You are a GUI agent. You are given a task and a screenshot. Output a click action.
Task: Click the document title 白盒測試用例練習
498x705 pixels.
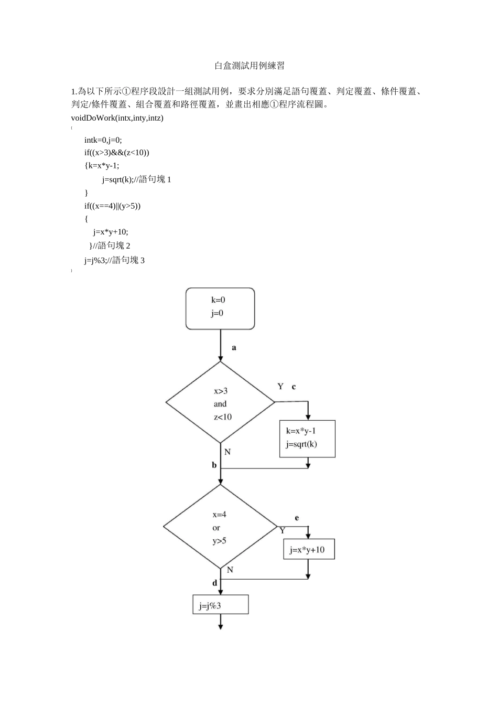pyautogui.click(x=250, y=66)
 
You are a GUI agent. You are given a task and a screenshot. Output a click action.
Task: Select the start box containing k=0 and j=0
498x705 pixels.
pyautogui.click(x=220, y=308)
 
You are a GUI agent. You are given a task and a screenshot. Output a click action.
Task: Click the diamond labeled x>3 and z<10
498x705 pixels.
pyautogui.click(x=220, y=403)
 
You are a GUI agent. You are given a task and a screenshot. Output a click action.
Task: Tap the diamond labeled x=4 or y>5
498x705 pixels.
pyautogui.click(x=220, y=527)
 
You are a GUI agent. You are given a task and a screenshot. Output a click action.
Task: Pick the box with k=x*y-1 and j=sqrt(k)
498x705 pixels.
pyautogui.click(x=307, y=438)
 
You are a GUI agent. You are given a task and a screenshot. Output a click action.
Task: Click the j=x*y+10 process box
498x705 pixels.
pyautogui.click(x=308, y=549)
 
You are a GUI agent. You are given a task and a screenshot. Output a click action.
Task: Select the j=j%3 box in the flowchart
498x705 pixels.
pyautogui.click(x=220, y=605)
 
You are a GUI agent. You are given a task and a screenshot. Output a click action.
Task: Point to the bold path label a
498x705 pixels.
pyautogui.click(x=234, y=347)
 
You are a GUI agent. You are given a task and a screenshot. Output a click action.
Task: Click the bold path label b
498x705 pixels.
pyautogui.click(x=214, y=465)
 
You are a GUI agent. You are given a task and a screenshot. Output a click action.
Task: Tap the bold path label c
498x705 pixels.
pyautogui.click(x=294, y=387)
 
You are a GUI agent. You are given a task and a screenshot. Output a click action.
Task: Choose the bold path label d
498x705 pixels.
pyautogui.click(x=214, y=583)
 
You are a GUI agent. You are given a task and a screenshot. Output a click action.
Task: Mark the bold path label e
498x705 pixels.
pyautogui.click(x=297, y=518)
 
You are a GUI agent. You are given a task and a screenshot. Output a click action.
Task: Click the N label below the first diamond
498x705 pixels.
pyautogui.click(x=228, y=452)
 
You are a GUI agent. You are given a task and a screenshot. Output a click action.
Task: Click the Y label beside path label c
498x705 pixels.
pyautogui.click(x=280, y=387)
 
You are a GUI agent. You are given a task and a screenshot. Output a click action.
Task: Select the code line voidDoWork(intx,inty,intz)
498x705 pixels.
pyautogui.click(x=117, y=118)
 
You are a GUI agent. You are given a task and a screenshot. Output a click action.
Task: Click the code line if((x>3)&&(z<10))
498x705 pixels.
pyautogui.click(x=117, y=153)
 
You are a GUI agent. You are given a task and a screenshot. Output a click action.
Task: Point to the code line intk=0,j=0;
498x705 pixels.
pyautogui.click(x=103, y=140)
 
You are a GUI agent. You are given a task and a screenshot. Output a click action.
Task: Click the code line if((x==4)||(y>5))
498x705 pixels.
pyautogui.click(x=113, y=206)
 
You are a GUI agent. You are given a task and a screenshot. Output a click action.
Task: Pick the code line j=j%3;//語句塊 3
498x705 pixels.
pyautogui.click(x=114, y=260)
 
